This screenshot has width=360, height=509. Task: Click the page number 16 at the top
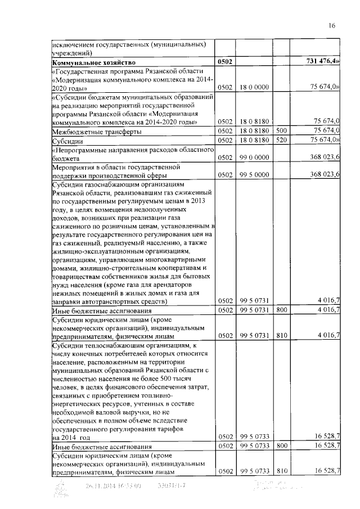tap(332, 25)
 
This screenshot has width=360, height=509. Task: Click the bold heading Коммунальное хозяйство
tap(93, 62)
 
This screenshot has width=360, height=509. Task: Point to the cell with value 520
tap(281, 140)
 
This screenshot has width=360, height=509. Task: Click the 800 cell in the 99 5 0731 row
tap(281, 310)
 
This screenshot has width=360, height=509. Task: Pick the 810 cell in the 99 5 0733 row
tap(281, 471)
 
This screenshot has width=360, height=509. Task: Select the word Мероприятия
tap(76, 168)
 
